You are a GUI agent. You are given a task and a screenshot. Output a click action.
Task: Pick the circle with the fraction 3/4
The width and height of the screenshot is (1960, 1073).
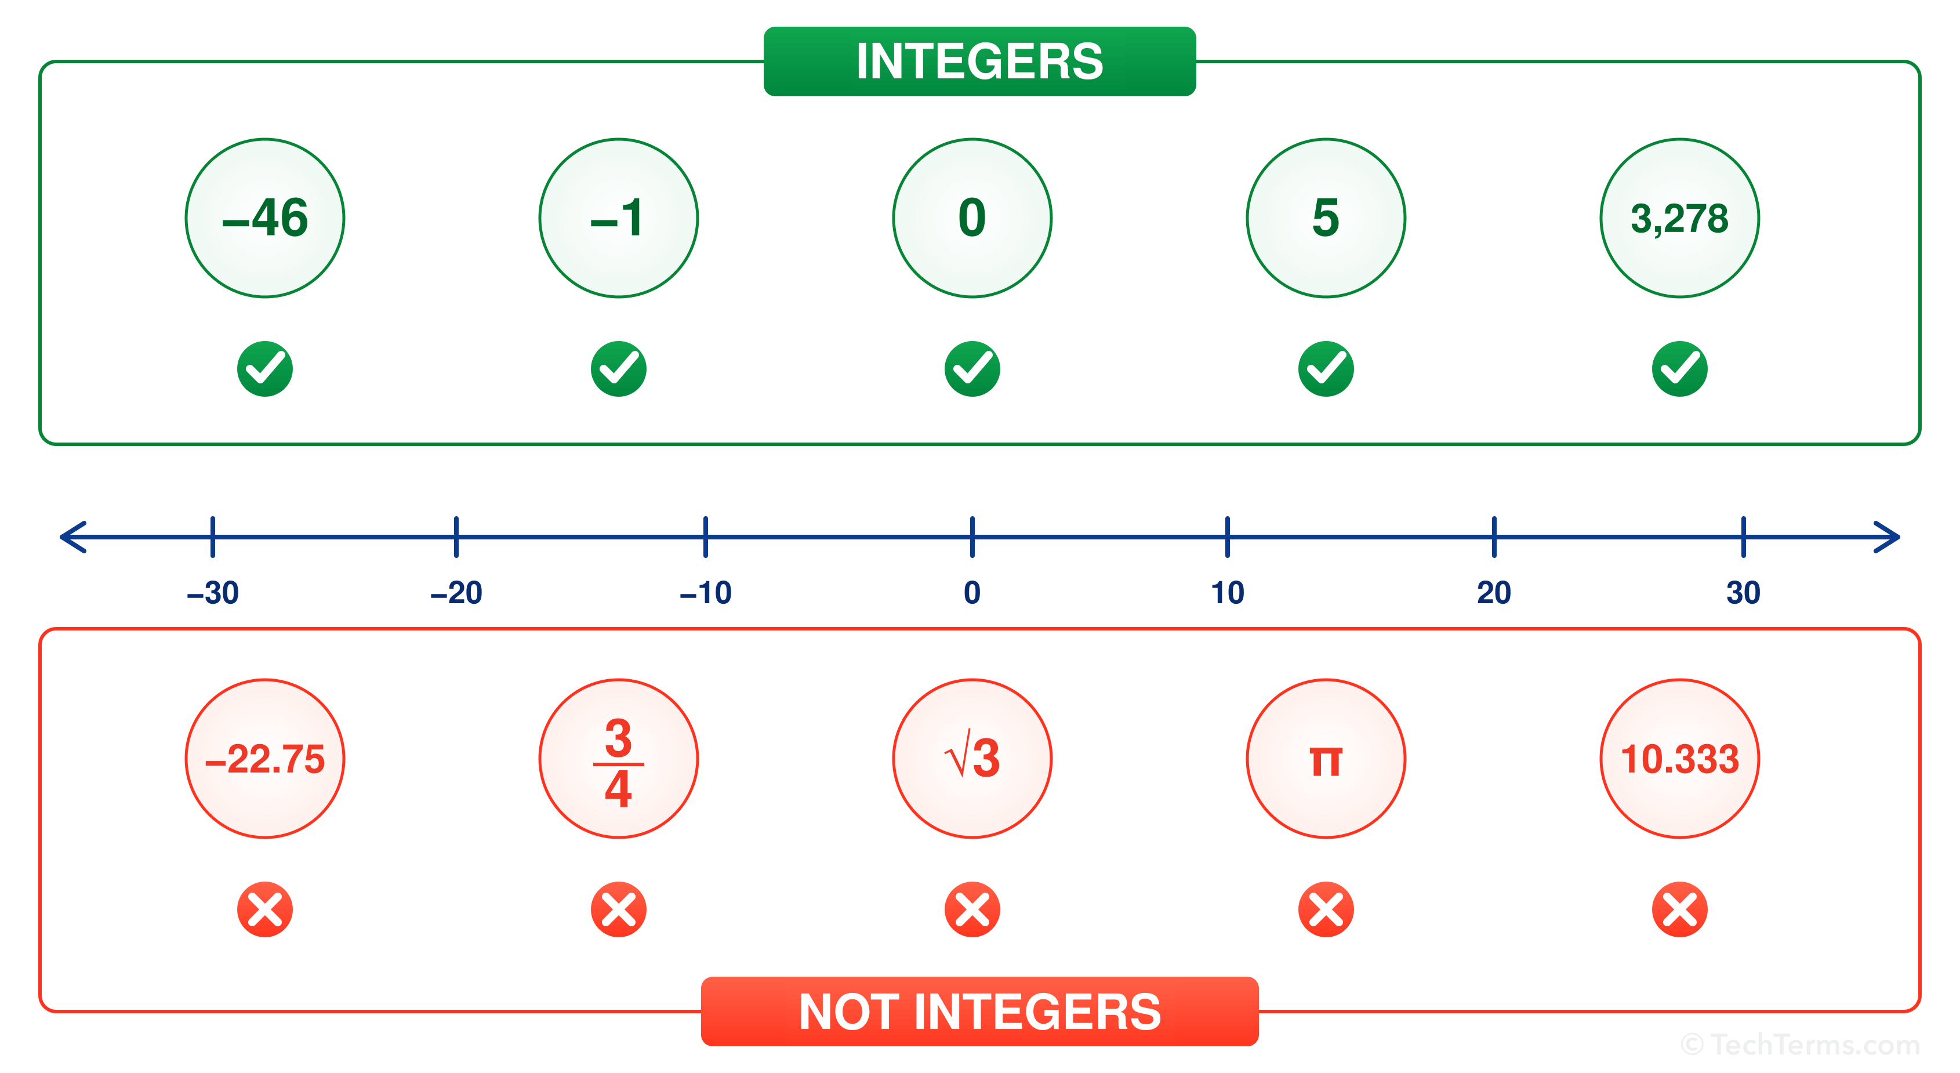point(619,759)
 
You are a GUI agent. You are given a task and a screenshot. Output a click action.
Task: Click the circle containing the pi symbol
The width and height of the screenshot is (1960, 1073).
point(1326,759)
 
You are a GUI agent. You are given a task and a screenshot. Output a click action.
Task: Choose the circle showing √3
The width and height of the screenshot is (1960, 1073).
point(972,759)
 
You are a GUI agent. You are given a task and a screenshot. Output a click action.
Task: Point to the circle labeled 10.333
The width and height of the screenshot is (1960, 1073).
point(1679,759)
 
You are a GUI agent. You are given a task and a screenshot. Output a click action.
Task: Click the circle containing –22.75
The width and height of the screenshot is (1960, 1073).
point(265,759)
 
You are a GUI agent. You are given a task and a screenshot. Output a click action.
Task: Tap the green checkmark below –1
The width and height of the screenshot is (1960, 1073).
point(619,369)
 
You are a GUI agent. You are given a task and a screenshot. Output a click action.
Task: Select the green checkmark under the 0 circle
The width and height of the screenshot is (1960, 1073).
point(972,369)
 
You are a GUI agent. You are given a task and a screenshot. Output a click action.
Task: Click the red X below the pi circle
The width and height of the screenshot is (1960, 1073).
point(1326,909)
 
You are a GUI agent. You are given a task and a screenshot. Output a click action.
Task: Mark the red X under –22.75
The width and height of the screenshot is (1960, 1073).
point(265,909)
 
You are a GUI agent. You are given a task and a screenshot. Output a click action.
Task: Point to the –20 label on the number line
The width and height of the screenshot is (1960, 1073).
point(456,593)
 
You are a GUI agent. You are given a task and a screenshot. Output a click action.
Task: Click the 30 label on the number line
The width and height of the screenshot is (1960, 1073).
point(1743,593)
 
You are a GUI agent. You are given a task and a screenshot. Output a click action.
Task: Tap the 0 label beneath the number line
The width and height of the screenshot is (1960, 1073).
point(972,593)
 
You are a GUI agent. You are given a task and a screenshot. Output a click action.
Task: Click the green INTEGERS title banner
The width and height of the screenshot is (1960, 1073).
point(979,61)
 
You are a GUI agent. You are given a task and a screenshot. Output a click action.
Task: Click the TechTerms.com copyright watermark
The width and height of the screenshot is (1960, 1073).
point(1799,1044)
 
